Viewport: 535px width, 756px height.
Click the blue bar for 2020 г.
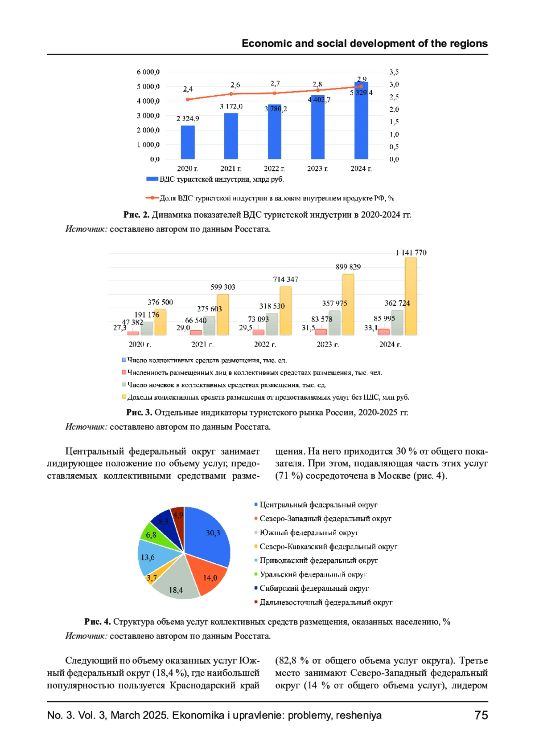(x=188, y=142)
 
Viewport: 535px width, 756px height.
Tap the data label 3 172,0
(x=231, y=106)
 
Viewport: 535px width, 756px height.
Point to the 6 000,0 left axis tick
(x=148, y=72)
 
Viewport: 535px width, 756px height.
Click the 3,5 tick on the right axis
(x=394, y=72)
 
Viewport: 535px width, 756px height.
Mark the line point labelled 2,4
(x=188, y=99)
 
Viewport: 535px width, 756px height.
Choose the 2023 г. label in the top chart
(x=317, y=168)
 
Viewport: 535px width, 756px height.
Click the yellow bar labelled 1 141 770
(x=411, y=296)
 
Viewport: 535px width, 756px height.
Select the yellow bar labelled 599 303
(x=223, y=314)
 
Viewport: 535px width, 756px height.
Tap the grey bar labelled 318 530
(x=272, y=324)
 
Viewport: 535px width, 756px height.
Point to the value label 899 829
(x=348, y=267)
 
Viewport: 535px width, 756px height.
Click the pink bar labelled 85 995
(x=384, y=332)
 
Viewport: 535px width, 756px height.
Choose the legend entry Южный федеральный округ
(x=309, y=532)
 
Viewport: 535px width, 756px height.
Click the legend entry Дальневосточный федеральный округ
(x=325, y=602)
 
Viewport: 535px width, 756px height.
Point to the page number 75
(x=481, y=715)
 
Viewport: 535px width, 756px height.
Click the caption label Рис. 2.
(x=136, y=215)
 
